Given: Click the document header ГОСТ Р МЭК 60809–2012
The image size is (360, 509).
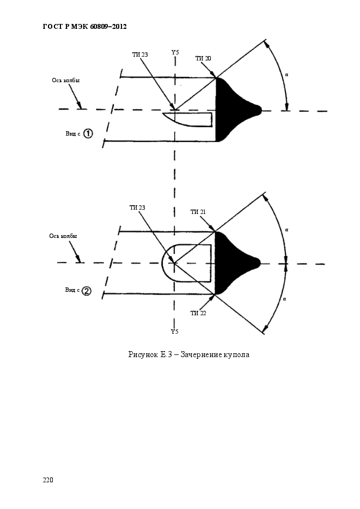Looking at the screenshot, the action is (84, 27).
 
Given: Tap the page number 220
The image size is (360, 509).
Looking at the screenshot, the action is (48, 480).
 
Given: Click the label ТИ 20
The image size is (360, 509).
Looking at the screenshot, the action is (203, 58).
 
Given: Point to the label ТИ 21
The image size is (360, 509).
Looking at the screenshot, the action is (198, 212).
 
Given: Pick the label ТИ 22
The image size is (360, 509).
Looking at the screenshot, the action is (198, 313).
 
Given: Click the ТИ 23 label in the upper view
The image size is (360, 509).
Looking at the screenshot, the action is (140, 54).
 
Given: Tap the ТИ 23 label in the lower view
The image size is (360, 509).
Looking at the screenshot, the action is (137, 207).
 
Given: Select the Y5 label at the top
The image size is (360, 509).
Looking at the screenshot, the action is (175, 52).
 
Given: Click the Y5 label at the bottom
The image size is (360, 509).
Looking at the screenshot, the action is (175, 332).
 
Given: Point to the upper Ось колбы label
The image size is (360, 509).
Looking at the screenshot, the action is (65, 80).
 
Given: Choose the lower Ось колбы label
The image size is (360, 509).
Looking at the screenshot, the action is (63, 236).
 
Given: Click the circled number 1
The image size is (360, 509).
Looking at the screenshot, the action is (88, 133).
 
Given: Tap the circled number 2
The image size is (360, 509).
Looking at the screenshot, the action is (87, 291).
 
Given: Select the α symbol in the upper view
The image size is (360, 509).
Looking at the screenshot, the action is (286, 75).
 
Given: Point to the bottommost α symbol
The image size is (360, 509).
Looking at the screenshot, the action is (284, 299).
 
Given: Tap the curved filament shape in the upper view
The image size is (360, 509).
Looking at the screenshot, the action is (187, 119).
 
